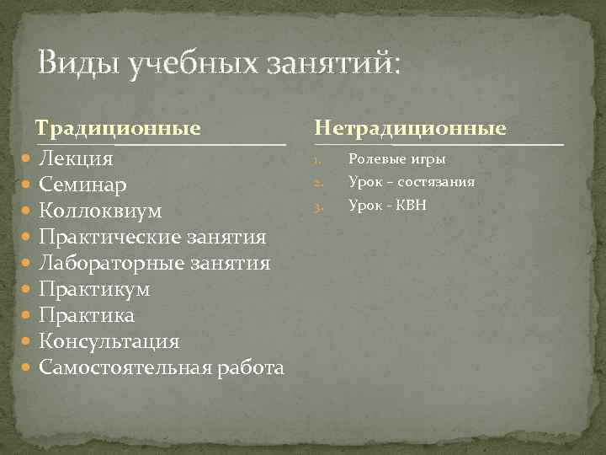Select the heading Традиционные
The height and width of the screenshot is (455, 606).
click(117, 129)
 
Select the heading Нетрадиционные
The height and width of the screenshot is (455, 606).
click(411, 129)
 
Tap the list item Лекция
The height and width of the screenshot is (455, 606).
click(77, 159)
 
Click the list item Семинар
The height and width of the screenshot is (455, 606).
click(83, 185)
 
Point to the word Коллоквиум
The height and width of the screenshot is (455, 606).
click(100, 211)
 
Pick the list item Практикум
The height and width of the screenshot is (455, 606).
click(94, 289)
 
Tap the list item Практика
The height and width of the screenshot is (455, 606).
click(87, 315)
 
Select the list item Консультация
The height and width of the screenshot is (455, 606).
click(109, 341)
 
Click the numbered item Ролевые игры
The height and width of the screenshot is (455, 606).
click(396, 159)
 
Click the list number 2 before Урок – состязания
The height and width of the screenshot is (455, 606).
click(318, 183)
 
